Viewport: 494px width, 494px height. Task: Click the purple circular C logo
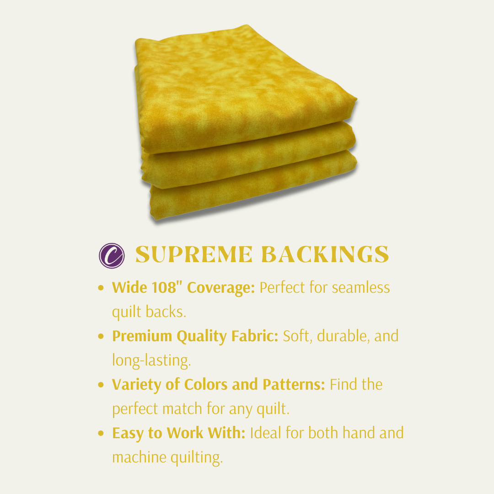click(111, 255)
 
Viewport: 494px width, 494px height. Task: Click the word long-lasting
click(151, 360)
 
